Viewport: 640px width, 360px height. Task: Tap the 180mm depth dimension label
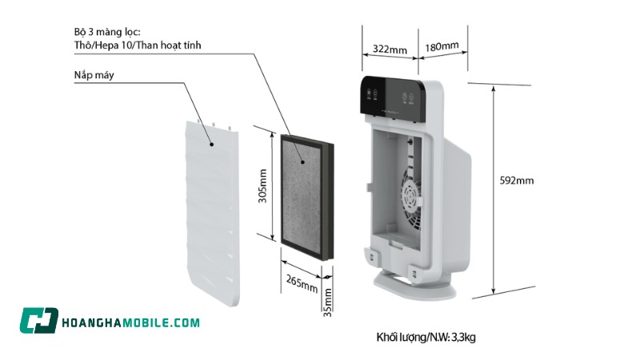point(442,46)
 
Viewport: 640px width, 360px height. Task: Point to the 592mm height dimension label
point(517,180)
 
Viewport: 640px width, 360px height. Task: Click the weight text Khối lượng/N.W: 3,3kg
point(426,337)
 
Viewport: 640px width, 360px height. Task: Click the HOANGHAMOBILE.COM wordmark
point(130,322)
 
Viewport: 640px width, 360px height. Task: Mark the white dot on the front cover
point(210,145)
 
